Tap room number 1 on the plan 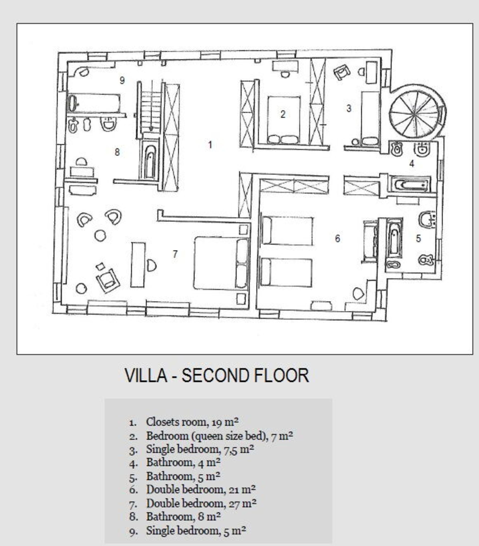[210, 145]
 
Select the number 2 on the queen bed [283, 114]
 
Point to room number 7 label [175, 254]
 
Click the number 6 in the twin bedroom [338, 239]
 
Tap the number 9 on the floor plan [122, 80]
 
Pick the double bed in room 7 [221, 263]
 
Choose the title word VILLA [146, 375]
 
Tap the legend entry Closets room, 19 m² [192, 422]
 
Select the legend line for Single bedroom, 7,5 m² [199, 450]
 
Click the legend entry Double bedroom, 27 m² [201, 504]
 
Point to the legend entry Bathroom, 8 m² [183, 517]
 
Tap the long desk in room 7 [138, 265]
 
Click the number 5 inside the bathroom [418, 239]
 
